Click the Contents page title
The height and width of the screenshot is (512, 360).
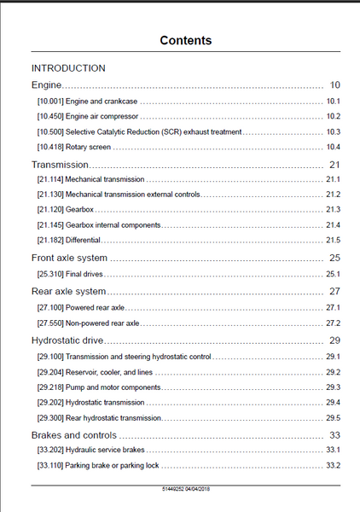click(x=186, y=40)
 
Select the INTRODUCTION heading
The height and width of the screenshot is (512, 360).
click(x=68, y=68)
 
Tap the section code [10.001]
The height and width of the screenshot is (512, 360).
click(x=50, y=102)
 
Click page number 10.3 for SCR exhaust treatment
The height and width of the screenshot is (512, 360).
click(x=334, y=132)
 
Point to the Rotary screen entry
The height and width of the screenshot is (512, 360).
click(x=88, y=147)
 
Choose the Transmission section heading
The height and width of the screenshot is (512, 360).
click(x=60, y=165)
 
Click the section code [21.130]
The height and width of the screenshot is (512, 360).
click(x=50, y=195)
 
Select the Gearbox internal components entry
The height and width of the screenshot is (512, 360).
click(x=113, y=225)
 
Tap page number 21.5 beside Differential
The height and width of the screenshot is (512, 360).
click(x=334, y=240)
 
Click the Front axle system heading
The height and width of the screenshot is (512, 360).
click(x=69, y=258)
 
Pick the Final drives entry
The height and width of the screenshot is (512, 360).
click(x=84, y=274)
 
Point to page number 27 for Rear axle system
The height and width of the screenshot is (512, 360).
click(x=335, y=291)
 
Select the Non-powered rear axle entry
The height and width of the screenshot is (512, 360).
click(x=102, y=323)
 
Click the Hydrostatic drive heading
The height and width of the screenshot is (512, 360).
click(x=67, y=340)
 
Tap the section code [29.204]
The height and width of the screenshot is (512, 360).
click(x=50, y=372)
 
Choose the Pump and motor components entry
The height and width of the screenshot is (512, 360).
click(x=113, y=387)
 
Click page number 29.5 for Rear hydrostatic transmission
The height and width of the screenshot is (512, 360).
click(x=334, y=418)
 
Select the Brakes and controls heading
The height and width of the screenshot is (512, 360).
click(x=73, y=435)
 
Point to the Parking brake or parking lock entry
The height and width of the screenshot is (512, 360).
click(x=112, y=465)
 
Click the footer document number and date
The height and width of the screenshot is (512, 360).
click(x=186, y=489)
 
